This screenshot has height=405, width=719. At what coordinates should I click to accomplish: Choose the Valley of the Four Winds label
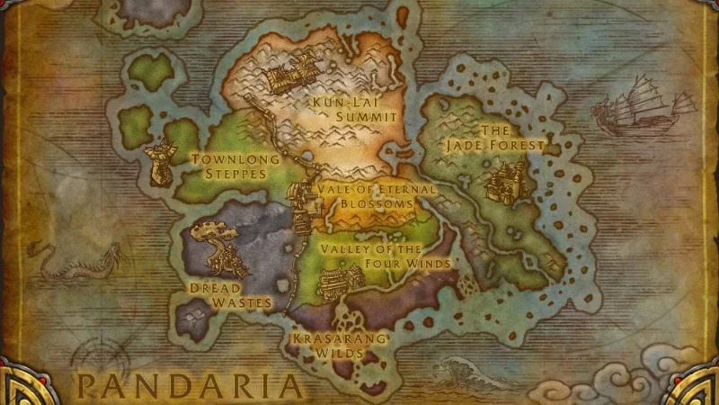pyautogui.click(x=385, y=256)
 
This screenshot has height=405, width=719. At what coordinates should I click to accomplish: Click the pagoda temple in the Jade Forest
pyautogui.click(x=504, y=179)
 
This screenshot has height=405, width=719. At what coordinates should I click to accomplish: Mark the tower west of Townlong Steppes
pyautogui.click(x=163, y=165)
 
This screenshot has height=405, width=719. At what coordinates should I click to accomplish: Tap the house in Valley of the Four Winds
pyautogui.click(x=341, y=276)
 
